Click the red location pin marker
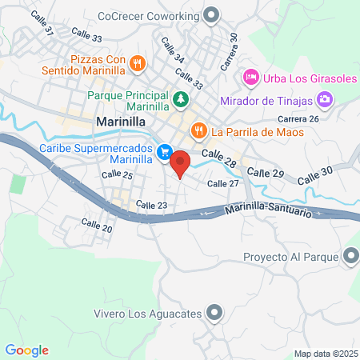pyautogui.click(x=180, y=163)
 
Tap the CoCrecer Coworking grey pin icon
pyautogui.click(x=212, y=14)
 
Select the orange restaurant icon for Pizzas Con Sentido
pyautogui.click(x=138, y=63)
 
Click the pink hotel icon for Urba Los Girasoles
pyautogui.click(x=250, y=78)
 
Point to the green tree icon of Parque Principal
pyautogui.click(x=181, y=100)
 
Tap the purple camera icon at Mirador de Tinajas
pyautogui.click(x=325, y=100)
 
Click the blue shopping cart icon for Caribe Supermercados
pyautogui.click(x=164, y=151)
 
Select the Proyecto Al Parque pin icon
pyautogui.click(x=350, y=257)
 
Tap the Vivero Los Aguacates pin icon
pyautogui.click(x=214, y=313)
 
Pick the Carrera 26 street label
pyautogui.click(x=303, y=119)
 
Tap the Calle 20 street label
pyautogui.click(x=96, y=227)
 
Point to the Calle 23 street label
pyautogui.click(x=151, y=206)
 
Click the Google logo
pyautogui.click(x=27, y=350)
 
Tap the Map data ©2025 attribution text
pyautogui.click(x=324, y=354)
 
